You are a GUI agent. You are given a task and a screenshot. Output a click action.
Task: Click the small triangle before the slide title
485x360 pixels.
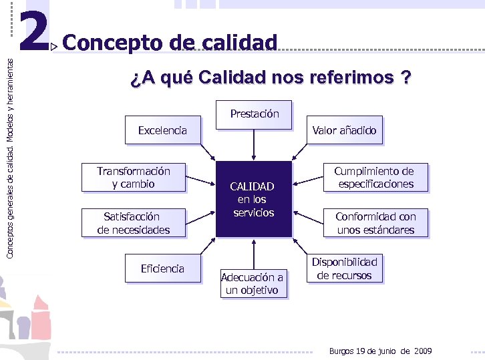click(x=55, y=46)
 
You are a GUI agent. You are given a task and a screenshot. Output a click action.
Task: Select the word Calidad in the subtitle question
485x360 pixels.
click(x=233, y=78)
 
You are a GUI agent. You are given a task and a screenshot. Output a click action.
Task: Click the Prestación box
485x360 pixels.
click(x=254, y=114)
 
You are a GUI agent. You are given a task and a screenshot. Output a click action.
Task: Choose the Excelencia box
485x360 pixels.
click(x=162, y=131)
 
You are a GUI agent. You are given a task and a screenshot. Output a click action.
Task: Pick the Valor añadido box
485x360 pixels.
click(x=344, y=131)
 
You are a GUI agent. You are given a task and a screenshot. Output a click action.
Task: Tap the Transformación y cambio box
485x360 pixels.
click(x=133, y=178)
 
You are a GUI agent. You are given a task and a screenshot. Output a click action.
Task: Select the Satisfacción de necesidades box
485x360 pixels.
click(x=133, y=223)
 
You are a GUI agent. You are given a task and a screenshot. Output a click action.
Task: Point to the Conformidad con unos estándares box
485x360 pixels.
click(x=375, y=223)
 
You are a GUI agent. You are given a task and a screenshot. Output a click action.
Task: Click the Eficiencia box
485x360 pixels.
click(x=162, y=268)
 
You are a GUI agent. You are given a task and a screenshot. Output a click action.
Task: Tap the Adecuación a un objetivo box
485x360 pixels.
click(x=253, y=283)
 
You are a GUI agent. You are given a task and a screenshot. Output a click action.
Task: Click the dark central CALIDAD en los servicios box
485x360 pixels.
click(x=254, y=199)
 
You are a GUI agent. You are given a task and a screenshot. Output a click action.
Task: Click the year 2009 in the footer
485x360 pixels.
click(x=424, y=351)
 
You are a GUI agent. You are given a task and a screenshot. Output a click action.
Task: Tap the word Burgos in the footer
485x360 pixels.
click(x=343, y=351)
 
